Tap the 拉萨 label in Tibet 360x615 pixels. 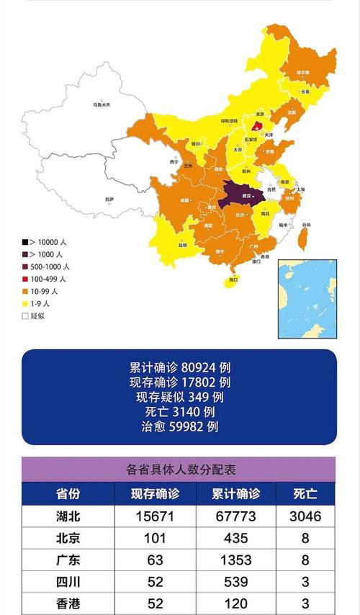tap(109, 199)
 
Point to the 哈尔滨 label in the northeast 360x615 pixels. tap(304, 73)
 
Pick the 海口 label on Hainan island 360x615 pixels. tap(233, 279)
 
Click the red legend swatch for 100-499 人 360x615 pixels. tap(24, 279)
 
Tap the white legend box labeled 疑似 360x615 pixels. tap(24, 315)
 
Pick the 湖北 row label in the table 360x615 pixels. tap(68, 516)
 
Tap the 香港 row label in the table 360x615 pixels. tap(68, 602)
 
